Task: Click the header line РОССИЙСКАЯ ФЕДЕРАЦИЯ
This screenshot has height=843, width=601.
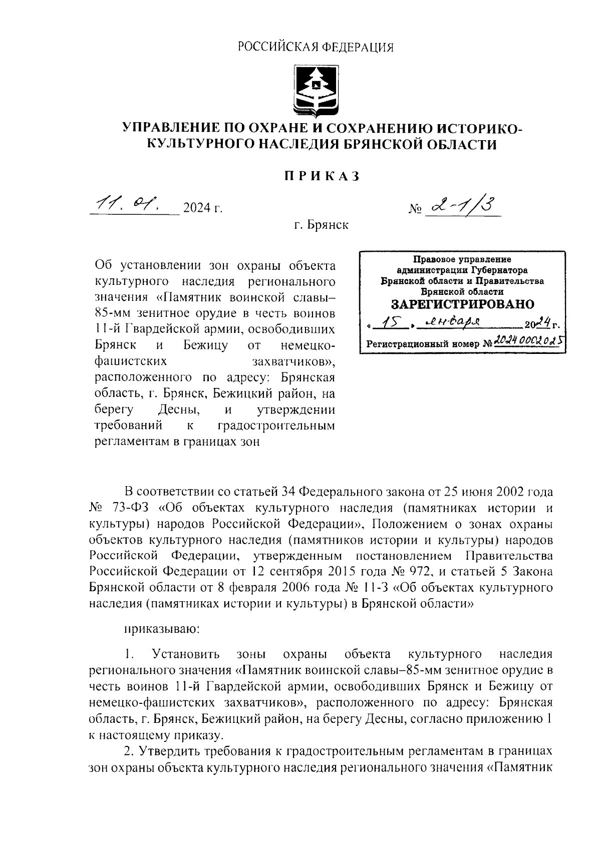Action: [x=316, y=48]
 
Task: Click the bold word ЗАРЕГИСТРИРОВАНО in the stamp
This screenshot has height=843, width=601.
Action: [x=462, y=304]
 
